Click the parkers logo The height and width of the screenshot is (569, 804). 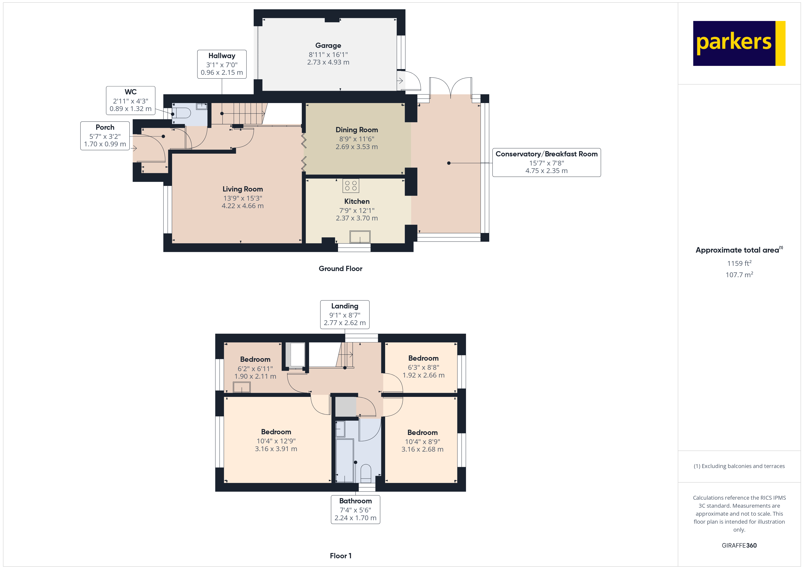click(739, 44)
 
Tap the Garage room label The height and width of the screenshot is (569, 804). click(328, 46)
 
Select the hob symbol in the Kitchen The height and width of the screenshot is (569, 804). click(350, 186)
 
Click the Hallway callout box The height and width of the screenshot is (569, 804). click(222, 64)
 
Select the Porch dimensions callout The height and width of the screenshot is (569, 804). click(105, 136)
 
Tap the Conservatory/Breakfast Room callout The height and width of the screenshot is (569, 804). click(546, 163)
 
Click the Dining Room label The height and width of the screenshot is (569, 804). click(356, 130)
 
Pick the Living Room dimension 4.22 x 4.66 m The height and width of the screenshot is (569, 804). click(242, 206)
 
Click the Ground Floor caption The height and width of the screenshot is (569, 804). click(340, 269)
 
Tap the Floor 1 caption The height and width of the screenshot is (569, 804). click(340, 556)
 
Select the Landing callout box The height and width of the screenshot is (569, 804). click(345, 314)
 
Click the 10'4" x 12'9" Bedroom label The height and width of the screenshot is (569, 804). click(276, 432)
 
